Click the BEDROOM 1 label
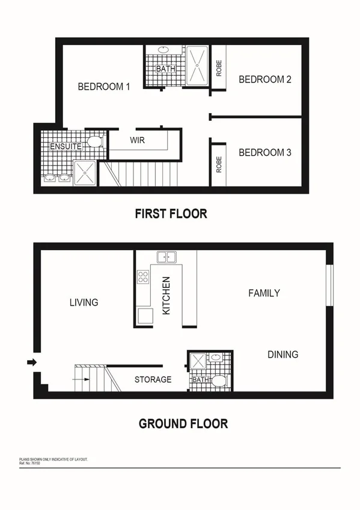(x=104, y=87)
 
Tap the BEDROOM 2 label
(x=265, y=79)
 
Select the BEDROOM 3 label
(x=265, y=153)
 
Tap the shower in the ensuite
(x=85, y=173)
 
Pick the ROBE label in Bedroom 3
(x=219, y=164)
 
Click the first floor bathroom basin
(x=163, y=51)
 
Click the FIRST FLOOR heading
(x=171, y=214)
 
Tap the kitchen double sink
(x=166, y=258)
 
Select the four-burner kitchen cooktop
(x=144, y=277)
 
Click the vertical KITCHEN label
(x=166, y=296)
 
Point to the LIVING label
(x=84, y=303)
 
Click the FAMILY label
(x=264, y=293)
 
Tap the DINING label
(x=282, y=354)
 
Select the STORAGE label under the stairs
(x=153, y=379)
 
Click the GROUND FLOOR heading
(x=183, y=423)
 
